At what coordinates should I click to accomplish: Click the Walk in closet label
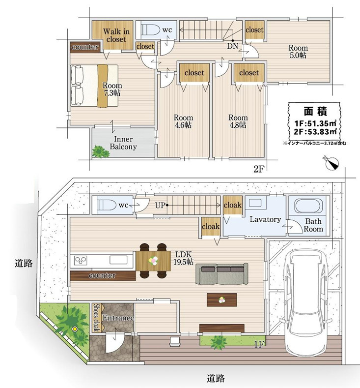[116, 35]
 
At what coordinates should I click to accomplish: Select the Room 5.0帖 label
[298, 51]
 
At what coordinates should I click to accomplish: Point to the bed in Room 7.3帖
[94, 86]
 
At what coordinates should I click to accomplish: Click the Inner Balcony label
[123, 143]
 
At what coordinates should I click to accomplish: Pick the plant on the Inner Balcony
[101, 151]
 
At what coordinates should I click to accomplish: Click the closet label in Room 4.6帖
[194, 73]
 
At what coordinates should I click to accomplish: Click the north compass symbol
[332, 163]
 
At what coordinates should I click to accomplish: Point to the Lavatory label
[265, 219]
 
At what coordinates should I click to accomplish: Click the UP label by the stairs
[160, 205]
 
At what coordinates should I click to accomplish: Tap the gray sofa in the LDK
[222, 273]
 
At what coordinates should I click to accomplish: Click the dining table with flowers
[153, 261]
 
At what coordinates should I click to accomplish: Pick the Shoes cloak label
[96, 318]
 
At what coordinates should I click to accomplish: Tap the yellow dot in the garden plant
[74, 329]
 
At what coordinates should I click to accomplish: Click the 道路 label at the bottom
[216, 378]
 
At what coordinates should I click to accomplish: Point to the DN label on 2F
[232, 46]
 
